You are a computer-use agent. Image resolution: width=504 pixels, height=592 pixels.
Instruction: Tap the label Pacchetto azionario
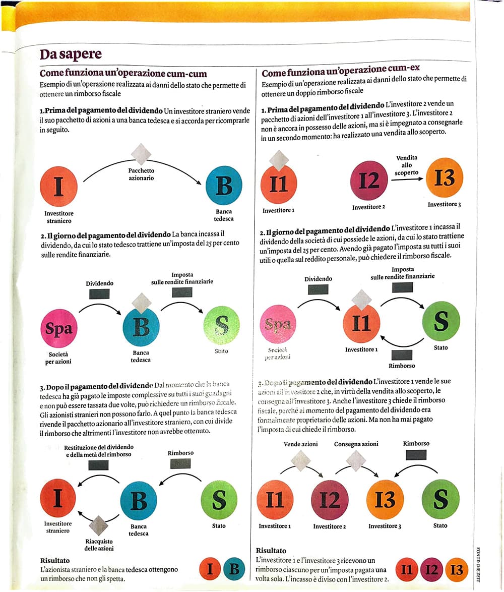click(141, 174)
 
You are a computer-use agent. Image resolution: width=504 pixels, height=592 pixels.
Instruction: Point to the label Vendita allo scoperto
click(407, 165)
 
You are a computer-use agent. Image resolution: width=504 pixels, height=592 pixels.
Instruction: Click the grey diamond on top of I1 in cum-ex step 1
click(279, 160)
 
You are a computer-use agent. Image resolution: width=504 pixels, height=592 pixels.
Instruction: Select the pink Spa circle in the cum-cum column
click(59, 328)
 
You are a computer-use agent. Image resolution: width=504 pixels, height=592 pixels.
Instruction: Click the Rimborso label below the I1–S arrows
click(402, 365)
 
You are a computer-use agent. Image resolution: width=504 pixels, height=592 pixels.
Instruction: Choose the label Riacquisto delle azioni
click(98, 545)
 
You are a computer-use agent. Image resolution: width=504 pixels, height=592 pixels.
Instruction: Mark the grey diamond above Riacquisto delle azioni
click(98, 525)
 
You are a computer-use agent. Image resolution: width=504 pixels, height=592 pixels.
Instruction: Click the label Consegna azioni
click(356, 444)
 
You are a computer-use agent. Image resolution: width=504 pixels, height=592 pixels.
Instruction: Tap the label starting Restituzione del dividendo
click(99, 451)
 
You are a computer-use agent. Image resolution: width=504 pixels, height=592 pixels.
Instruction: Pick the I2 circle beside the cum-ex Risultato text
click(431, 570)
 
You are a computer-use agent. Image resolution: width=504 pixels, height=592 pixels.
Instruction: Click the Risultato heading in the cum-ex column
click(271, 551)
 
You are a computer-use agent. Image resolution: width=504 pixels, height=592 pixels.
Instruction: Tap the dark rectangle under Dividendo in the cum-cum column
click(99, 293)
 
